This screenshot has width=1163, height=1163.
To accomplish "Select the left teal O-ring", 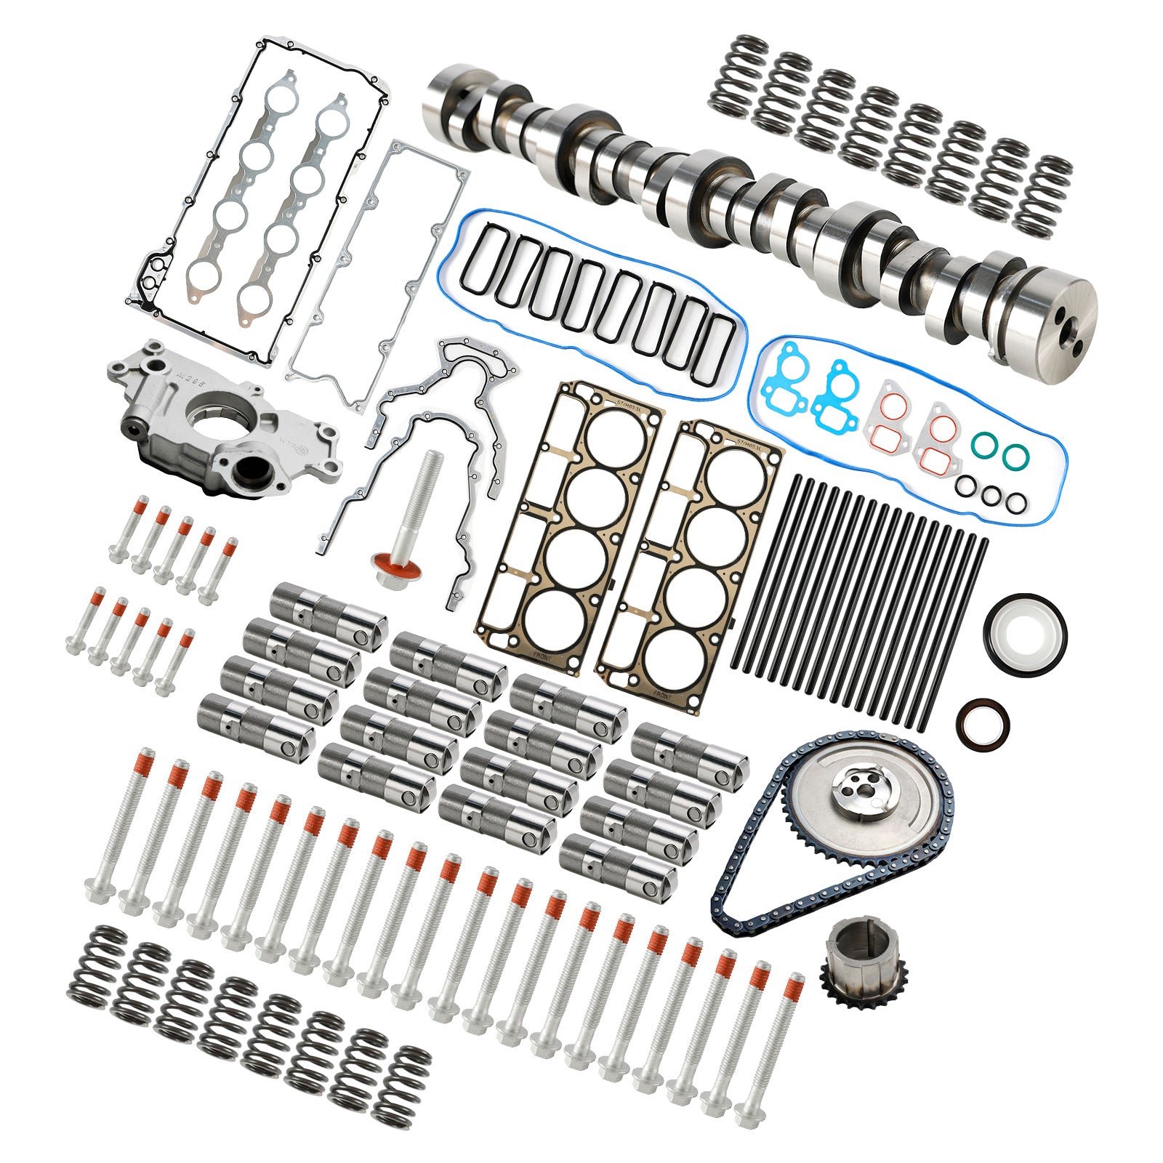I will (x=984, y=445).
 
